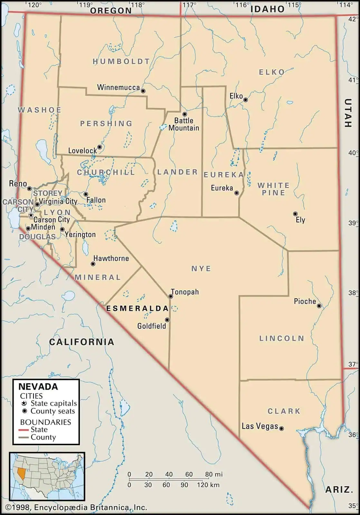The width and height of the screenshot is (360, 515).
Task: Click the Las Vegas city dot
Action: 281,428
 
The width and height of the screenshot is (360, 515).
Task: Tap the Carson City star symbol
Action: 31,215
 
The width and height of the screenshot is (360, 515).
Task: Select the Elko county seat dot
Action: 245,100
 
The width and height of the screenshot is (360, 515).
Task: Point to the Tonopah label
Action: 185,292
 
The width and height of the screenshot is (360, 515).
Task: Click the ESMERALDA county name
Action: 137,308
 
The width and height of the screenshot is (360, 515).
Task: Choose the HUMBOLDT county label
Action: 121,61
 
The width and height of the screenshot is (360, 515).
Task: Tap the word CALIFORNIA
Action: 82,342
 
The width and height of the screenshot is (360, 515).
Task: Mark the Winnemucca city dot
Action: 143,91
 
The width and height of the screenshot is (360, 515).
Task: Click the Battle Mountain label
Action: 184,124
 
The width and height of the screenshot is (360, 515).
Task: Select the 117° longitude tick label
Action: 189,5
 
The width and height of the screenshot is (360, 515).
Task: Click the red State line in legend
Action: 24,430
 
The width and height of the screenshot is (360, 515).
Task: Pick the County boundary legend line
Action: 24,437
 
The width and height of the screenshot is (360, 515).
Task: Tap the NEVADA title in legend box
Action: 38,387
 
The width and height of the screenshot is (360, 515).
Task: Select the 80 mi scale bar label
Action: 214,474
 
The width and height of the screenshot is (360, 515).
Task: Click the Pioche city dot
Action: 319,306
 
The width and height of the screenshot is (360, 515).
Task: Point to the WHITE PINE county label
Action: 273,189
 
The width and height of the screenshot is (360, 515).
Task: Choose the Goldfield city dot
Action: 167,320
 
